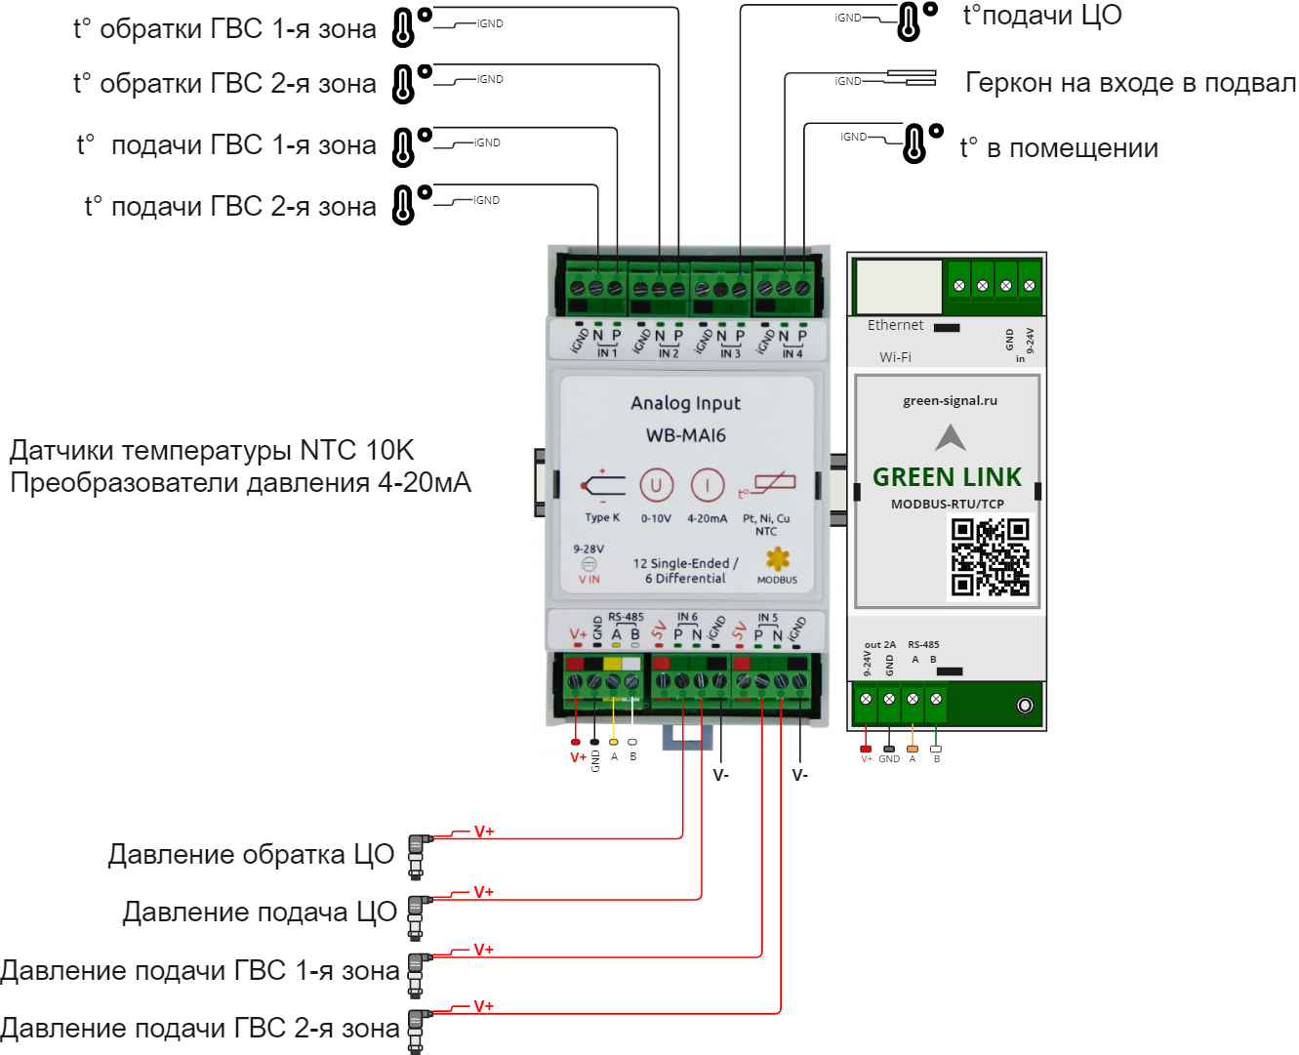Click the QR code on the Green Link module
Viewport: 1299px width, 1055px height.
991,557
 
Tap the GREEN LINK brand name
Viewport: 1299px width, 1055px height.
947,477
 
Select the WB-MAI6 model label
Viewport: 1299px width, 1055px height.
686,435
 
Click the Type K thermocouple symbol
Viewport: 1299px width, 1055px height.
601,485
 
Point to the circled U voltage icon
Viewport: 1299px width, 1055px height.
657,485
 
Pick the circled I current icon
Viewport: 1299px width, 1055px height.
708,485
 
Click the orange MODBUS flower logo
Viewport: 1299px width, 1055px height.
777,559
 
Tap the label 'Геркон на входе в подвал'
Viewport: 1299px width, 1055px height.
1130,83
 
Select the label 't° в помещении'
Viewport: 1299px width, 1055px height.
1060,148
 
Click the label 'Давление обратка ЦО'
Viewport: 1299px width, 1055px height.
251,855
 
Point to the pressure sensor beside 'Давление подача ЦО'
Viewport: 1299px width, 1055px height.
416,914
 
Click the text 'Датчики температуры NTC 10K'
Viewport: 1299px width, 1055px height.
212,450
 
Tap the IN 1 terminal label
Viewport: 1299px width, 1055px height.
607,353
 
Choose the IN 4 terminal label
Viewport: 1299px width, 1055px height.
792,353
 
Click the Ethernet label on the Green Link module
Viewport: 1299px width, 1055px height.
895,325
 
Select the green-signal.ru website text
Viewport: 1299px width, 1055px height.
950,400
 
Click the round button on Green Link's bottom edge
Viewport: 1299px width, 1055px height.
1025,705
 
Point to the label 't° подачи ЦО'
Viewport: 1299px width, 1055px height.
1042,16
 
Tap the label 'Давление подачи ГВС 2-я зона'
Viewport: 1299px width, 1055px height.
200,1028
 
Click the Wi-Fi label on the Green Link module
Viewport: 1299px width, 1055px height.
895,357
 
